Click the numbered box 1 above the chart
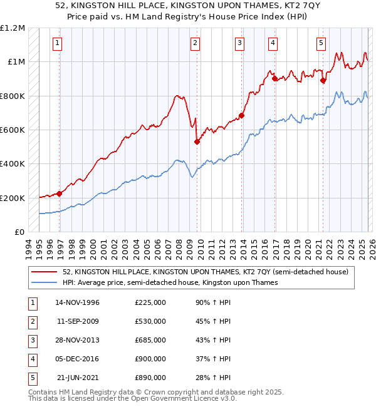click(58, 43)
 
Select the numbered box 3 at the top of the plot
click(240, 43)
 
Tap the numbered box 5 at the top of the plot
click(321, 43)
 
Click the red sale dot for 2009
click(197, 142)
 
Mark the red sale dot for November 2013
click(241, 115)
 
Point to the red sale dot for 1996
click(60, 193)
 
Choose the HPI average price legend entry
click(170, 283)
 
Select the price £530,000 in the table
click(150, 321)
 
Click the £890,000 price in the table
click(150, 378)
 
